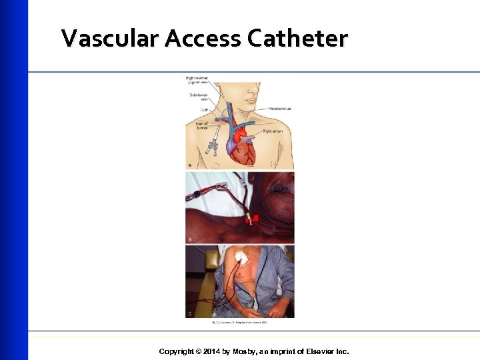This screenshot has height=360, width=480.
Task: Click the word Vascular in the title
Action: tap(110, 39)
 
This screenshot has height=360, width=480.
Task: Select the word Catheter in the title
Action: tap(297, 39)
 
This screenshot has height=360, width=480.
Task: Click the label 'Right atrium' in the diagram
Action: tap(274, 132)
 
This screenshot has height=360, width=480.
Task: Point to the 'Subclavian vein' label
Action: tap(199, 96)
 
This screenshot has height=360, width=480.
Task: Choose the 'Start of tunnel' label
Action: tap(201, 125)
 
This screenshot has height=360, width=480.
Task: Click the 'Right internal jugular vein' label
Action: tap(197, 81)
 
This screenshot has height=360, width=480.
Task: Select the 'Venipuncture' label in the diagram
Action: tap(281, 109)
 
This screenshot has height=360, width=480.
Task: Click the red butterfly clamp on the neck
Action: tap(251, 218)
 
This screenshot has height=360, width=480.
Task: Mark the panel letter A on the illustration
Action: tap(189, 165)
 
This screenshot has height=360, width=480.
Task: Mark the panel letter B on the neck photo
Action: tap(189, 239)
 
